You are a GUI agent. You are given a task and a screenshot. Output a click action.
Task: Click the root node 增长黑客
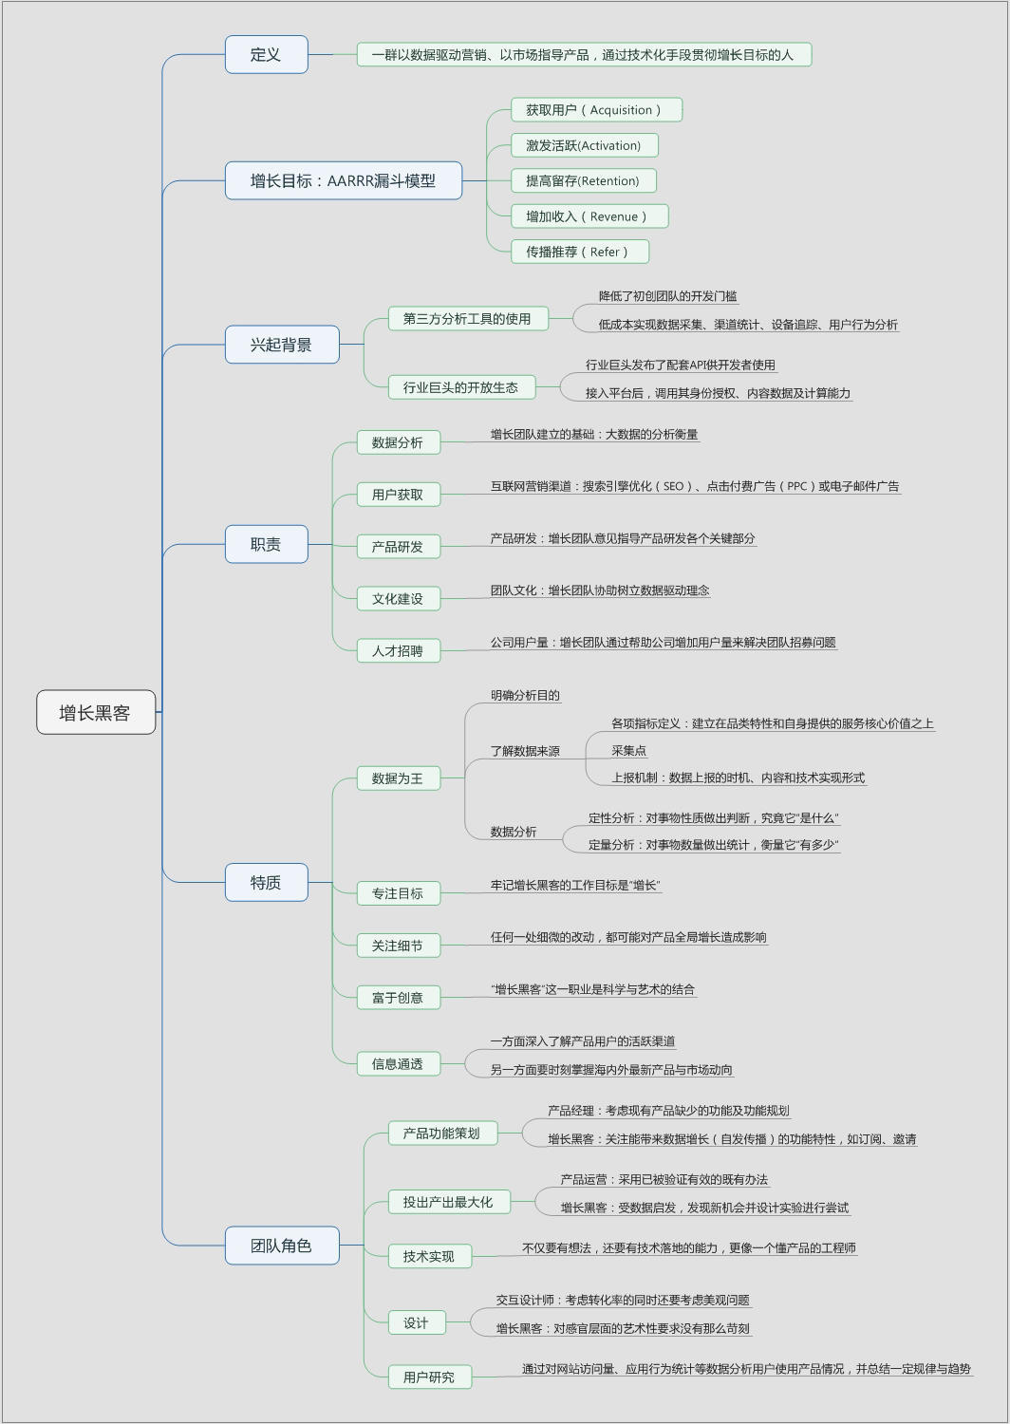point(95,712)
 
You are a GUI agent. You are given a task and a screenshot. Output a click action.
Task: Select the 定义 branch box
point(266,54)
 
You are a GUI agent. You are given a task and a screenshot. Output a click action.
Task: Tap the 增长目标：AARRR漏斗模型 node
point(343,180)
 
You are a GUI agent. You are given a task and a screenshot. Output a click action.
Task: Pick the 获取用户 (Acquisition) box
point(596,110)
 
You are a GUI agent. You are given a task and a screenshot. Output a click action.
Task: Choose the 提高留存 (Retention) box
point(583,180)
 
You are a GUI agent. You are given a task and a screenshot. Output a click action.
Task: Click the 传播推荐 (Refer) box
point(580,252)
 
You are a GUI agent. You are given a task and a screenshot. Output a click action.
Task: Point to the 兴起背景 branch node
point(281,345)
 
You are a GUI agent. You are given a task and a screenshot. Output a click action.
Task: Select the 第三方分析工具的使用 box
point(467,319)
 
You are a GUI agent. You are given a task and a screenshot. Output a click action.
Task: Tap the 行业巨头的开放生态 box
point(460,387)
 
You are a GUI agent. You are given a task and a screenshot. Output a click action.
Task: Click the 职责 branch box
point(266,544)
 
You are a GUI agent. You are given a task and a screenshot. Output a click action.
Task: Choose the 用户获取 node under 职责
point(398,495)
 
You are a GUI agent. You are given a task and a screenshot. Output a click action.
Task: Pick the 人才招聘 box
point(398,651)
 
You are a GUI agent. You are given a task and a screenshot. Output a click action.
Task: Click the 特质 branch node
point(266,882)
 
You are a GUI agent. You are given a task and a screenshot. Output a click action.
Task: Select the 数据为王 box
point(398,778)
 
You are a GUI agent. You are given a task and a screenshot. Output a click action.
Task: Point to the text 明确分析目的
point(525,696)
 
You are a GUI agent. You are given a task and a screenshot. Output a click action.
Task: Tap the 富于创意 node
point(398,998)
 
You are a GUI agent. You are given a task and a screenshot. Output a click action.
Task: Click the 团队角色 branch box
point(281,1246)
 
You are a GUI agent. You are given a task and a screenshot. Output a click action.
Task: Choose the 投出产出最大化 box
point(448,1202)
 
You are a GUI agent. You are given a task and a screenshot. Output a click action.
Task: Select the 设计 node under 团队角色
point(416,1323)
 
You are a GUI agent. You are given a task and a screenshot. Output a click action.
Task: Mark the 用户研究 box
point(429,1377)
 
